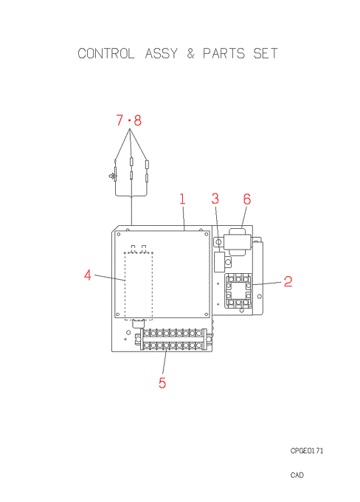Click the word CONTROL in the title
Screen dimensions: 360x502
(x=106, y=53)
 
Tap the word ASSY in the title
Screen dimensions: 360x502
(x=162, y=53)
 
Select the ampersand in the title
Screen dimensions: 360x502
(x=191, y=53)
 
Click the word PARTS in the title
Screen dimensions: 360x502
(x=224, y=53)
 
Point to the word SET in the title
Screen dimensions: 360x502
(x=266, y=53)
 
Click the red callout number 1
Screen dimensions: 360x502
(x=182, y=199)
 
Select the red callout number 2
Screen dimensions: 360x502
(x=288, y=281)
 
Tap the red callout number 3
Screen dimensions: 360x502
(x=215, y=199)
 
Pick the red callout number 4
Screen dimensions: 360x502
(x=87, y=275)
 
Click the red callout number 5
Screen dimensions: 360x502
(x=162, y=383)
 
